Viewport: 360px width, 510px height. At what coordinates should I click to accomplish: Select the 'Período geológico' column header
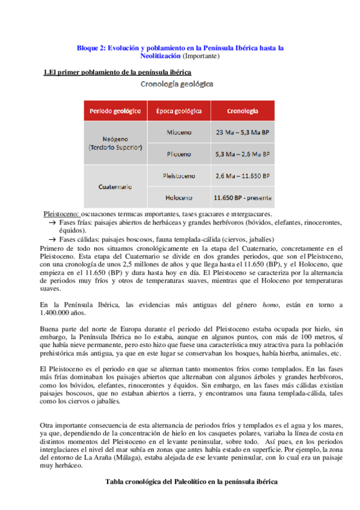point(115,111)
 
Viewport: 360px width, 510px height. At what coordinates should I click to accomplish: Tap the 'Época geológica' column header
point(178,111)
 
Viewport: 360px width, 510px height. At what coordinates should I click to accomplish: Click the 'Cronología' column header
point(243,111)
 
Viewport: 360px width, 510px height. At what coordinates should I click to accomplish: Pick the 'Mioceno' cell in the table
point(178,131)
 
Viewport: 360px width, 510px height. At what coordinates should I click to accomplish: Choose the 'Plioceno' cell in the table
point(178,154)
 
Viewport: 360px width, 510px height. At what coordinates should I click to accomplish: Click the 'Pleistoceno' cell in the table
point(178,176)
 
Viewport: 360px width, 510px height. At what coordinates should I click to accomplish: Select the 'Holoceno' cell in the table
point(178,197)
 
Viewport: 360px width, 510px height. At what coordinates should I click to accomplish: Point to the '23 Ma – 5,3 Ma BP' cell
point(243,131)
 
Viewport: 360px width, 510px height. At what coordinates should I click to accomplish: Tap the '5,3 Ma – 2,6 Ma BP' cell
point(243,154)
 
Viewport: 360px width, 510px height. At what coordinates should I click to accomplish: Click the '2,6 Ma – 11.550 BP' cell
point(243,176)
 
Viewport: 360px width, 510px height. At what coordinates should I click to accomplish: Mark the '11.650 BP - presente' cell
point(243,197)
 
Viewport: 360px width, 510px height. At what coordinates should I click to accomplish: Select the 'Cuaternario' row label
point(115,187)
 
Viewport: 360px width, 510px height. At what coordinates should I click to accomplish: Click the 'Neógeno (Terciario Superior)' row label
point(115,143)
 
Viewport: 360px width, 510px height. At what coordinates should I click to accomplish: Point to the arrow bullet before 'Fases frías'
point(52,223)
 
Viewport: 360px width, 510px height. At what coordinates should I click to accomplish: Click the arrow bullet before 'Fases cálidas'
point(52,239)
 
